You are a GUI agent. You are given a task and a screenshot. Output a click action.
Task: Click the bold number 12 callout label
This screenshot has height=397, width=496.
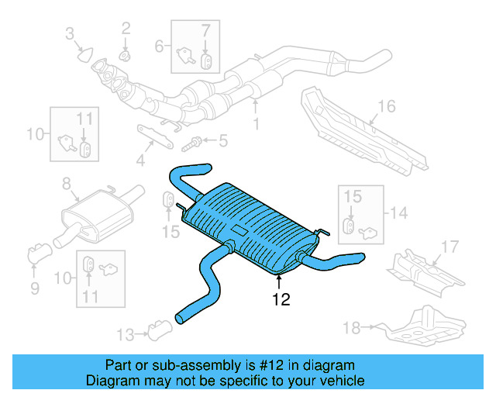(281, 299)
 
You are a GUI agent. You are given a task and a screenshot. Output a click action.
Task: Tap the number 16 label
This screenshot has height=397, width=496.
(387, 106)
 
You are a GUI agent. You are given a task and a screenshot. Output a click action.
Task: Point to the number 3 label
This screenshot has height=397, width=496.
(70, 33)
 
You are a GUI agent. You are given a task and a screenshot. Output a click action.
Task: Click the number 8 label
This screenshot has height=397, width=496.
(66, 184)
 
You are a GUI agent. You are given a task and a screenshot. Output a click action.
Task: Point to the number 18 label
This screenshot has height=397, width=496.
(352, 328)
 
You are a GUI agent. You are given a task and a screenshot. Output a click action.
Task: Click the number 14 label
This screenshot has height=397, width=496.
(398, 212)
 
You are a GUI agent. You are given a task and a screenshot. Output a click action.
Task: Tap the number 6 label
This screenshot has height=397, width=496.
(160, 46)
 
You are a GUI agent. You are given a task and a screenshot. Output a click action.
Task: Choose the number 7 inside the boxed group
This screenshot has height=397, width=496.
(205, 32)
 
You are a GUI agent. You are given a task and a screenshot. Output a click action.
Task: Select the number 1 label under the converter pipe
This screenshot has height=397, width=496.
(256, 123)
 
